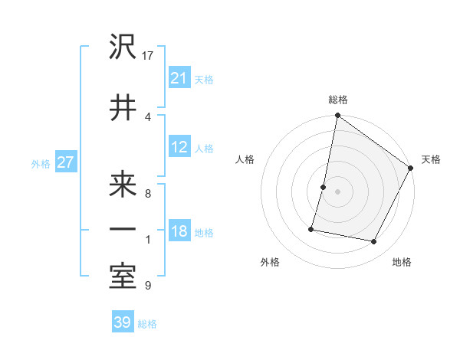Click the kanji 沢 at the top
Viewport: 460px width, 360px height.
pos(123,47)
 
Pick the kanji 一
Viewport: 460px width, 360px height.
pos(123,229)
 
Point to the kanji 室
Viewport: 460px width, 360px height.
pos(123,277)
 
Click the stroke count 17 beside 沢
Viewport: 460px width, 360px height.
pos(149,56)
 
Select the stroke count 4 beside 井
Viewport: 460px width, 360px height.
pos(148,116)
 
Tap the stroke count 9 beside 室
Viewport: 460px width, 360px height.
pos(148,286)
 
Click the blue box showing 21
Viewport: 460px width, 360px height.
pos(179,78)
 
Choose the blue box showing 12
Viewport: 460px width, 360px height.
pos(179,147)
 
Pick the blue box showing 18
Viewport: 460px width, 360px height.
pos(179,231)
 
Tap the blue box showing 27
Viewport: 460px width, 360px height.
pos(65,162)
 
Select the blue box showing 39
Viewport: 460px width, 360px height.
pos(122,322)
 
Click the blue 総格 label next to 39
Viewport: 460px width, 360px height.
pos(147,324)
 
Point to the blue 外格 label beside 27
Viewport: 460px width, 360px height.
pos(41,163)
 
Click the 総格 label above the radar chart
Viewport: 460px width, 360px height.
pos(338,100)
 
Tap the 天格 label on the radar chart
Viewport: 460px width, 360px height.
pos(431,159)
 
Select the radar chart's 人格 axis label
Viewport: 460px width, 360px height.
pos(245,159)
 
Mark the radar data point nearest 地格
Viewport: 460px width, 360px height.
pos(373,242)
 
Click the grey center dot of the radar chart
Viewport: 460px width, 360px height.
pos(337,191)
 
